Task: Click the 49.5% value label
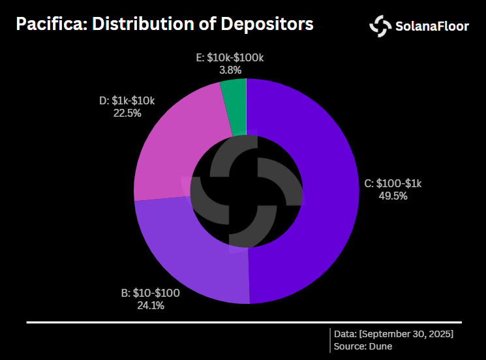393,195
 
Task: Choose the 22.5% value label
127,113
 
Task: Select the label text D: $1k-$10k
127,101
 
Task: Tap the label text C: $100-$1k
393,184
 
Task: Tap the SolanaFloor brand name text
433,27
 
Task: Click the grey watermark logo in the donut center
247,192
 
